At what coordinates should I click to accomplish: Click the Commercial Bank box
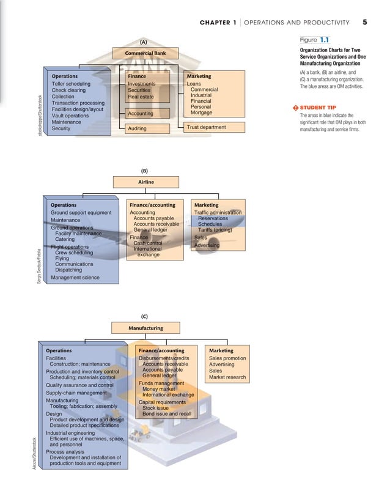pyautogui.click(x=145, y=53)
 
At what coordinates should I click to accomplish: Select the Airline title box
pyautogui.click(x=146, y=182)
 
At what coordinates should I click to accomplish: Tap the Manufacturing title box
pyautogui.click(x=145, y=328)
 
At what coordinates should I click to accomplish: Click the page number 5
pyautogui.click(x=364, y=23)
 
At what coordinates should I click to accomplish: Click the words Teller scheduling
pyautogui.click(x=71, y=84)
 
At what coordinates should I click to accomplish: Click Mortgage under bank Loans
pyautogui.click(x=202, y=113)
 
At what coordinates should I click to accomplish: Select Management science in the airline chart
pyautogui.click(x=75, y=278)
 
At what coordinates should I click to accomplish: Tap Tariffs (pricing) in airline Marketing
pyautogui.click(x=219, y=230)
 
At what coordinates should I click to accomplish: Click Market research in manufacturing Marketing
pyautogui.click(x=227, y=377)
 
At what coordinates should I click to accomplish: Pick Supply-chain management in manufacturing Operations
pyautogui.click(x=76, y=393)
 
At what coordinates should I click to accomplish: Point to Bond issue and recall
pyautogui.click(x=166, y=414)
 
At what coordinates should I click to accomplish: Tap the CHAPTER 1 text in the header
pyautogui.click(x=218, y=23)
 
